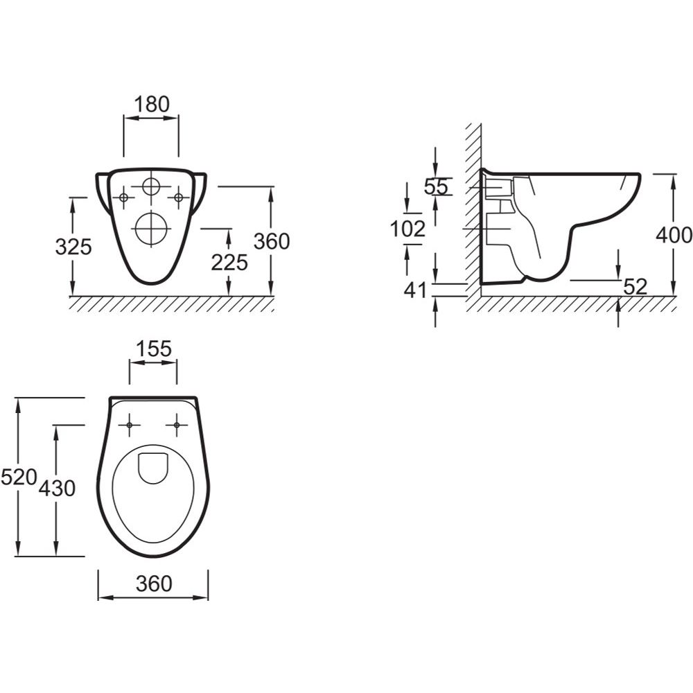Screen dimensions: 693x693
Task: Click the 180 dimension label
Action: (152, 105)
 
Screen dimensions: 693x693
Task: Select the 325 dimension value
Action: (73, 246)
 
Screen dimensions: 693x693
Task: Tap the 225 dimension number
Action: (229, 263)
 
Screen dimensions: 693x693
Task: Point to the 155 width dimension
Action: (153, 349)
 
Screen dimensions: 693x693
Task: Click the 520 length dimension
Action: (18, 477)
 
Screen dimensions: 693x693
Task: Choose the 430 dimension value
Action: (57, 488)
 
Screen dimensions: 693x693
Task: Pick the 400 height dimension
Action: (674, 235)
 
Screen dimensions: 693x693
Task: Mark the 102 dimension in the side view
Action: (407, 229)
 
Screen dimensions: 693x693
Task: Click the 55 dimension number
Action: (436, 186)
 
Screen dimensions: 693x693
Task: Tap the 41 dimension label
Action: (416, 290)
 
